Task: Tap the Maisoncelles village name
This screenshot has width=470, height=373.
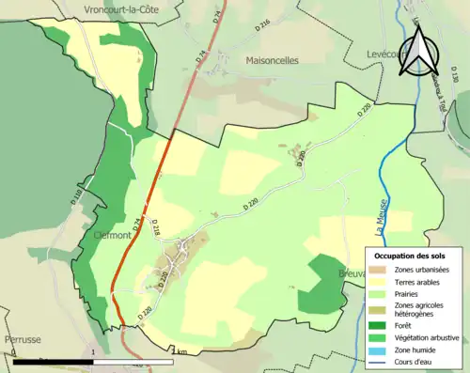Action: pyautogui.click(x=272, y=59)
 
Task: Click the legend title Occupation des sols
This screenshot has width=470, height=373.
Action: pyautogui.click(x=414, y=255)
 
